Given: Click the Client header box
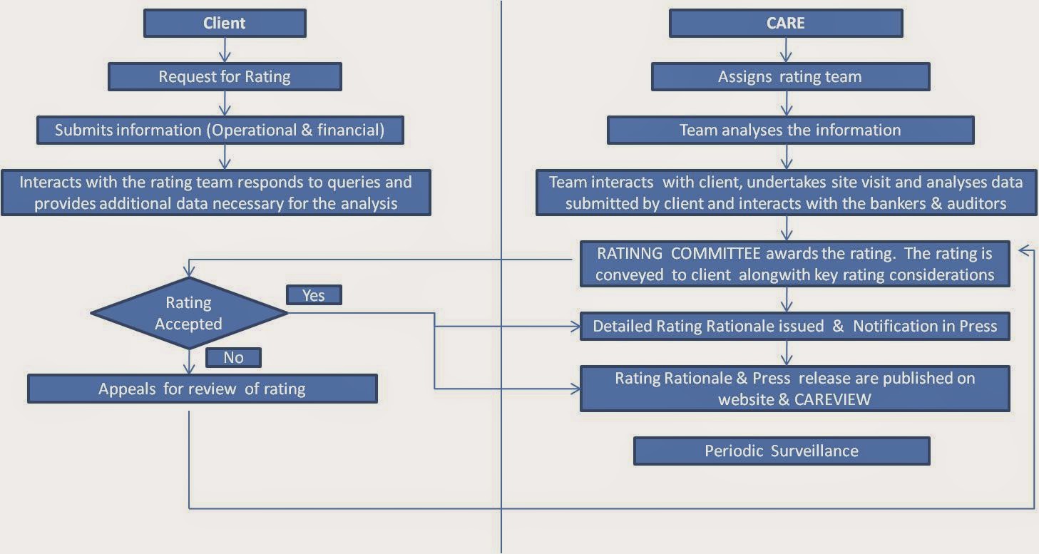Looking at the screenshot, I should [225, 23].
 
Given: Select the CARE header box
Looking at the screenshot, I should [785, 23].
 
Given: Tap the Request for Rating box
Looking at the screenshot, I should [225, 76].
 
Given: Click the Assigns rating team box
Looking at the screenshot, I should [790, 76].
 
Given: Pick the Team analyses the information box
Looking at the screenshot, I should [790, 130].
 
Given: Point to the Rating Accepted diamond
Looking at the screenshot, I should [189, 313].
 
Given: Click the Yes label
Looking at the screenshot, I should [314, 295].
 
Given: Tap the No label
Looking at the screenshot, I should [233, 357].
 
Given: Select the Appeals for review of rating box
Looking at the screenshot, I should [202, 389].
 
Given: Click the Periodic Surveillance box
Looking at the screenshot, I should [782, 451].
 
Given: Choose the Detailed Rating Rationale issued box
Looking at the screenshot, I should [794, 327].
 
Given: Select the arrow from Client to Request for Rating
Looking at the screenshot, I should [225, 50].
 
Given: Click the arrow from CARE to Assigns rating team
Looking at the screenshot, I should [785, 50].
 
